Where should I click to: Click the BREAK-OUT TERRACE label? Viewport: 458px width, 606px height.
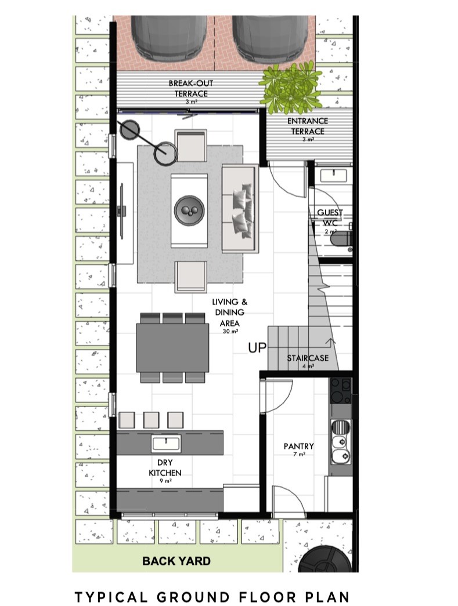(x=187, y=88)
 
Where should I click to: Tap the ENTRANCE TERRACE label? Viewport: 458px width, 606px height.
(x=308, y=126)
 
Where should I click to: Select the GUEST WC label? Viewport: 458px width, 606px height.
(x=330, y=217)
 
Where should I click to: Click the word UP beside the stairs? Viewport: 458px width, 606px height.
(x=257, y=348)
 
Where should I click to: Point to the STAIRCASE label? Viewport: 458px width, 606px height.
(x=308, y=358)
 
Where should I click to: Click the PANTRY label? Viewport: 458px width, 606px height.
(x=298, y=447)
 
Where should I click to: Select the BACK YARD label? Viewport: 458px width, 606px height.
(x=176, y=561)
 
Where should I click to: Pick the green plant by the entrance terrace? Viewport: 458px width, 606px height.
(x=290, y=88)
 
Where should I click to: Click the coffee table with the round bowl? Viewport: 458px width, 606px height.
(x=189, y=210)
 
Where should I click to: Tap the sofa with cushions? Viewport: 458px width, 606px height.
(x=239, y=208)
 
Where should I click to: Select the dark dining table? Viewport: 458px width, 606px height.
(x=172, y=347)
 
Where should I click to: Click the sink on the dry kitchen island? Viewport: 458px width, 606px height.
(x=165, y=444)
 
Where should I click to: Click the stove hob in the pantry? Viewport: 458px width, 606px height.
(x=340, y=391)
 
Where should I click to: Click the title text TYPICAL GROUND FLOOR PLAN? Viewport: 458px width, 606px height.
(x=212, y=596)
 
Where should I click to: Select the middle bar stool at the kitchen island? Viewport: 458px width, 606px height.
(x=151, y=420)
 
